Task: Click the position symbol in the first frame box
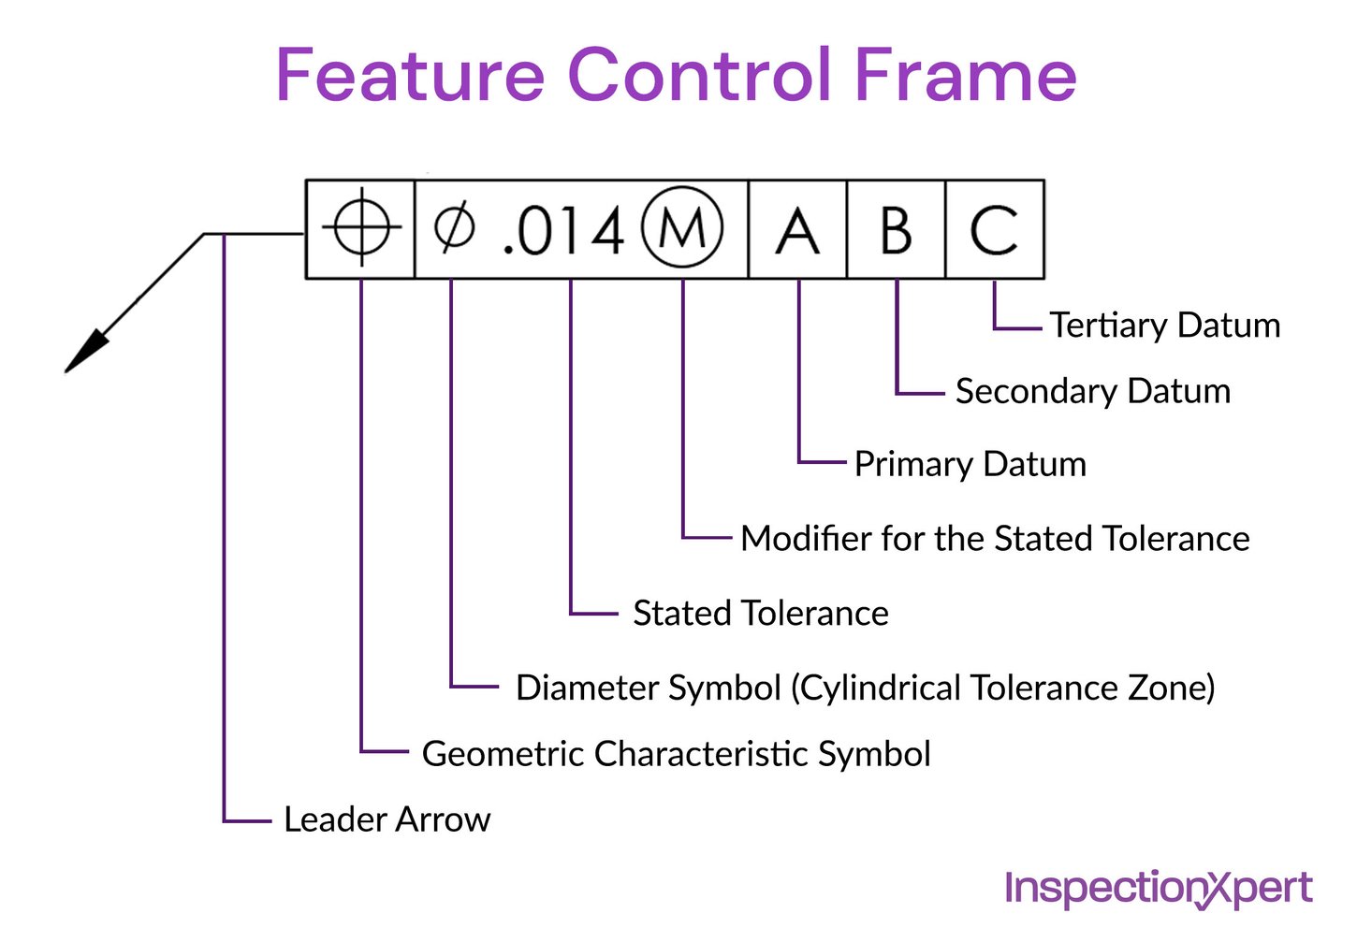(361, 228)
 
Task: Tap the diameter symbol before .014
(455, 228)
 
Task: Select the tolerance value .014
(563, 231)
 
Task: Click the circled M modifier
(682, 228)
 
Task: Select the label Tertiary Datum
(1164, 326)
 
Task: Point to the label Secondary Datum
(1092, 391)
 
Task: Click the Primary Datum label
(970, 464)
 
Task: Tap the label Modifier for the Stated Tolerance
(994, 539)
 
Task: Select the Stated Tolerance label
(760, 614)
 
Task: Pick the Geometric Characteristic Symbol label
(676, 754)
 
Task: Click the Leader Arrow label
(387, 819)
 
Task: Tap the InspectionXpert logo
(1158, 888)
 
